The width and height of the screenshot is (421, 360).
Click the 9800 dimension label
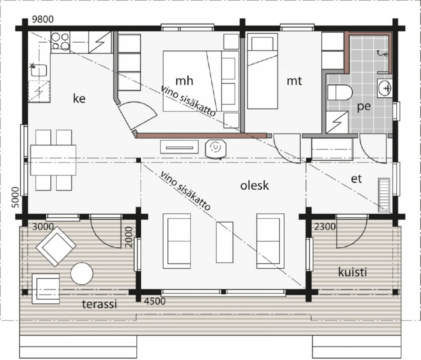[43, 19]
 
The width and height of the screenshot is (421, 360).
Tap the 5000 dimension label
[16, 198]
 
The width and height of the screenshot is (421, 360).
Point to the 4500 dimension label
[155, 301]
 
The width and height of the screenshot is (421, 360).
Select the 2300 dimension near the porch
[325, 227]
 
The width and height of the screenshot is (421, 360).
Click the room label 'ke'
[79, 99]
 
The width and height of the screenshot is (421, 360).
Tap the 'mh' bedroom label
[184, 81]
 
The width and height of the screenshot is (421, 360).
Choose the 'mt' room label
[294, 81]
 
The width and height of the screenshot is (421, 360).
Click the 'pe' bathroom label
[364, 107]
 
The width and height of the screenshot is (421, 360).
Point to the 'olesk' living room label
[254, 185]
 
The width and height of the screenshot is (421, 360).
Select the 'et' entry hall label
[356, 179]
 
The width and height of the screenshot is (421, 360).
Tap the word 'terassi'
[99, 304]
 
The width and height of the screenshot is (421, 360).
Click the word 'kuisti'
[352, 272]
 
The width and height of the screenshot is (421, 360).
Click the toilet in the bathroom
[340, 92]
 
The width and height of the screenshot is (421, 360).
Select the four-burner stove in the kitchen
[60, 41]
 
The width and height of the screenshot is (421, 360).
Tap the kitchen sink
[39, 70]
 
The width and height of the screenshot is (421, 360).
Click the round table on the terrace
[81, 274]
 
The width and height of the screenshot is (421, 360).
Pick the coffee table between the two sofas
[224, 242]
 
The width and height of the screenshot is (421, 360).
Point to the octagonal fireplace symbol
[215, 148]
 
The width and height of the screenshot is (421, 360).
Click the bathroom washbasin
[385, 88]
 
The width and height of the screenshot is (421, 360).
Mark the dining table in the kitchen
[53, 160]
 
